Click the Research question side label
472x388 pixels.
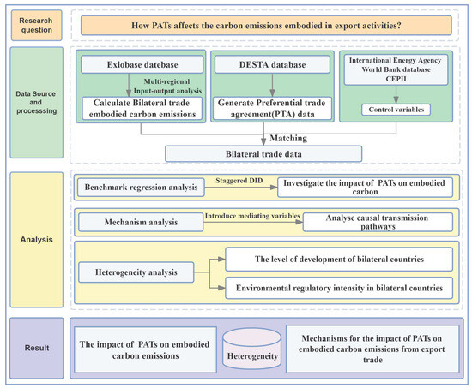[36, 25]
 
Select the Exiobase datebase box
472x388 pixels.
[142, 64]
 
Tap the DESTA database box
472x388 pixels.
[272, 64]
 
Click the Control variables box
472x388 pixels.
[396, 110]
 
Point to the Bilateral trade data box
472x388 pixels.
[263, 154]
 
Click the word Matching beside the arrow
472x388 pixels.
[288, 138]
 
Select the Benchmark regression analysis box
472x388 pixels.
[141, 188]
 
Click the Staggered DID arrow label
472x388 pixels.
[239, 181]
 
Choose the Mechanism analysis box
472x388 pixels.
[141, 222]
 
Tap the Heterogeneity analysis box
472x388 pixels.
[136, 272]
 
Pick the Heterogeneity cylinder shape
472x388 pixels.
[252, 349]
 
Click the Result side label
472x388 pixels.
[37, 348]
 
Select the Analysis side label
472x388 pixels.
[36, 240]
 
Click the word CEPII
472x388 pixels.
[396, 79]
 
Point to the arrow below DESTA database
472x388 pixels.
[272, 85]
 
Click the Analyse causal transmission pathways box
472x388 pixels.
[378, 222]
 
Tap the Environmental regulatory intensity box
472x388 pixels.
[339, 288]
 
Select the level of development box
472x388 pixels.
[339, 259]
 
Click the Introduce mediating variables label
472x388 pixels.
[252, 216]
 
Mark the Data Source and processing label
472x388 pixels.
[36, 102]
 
